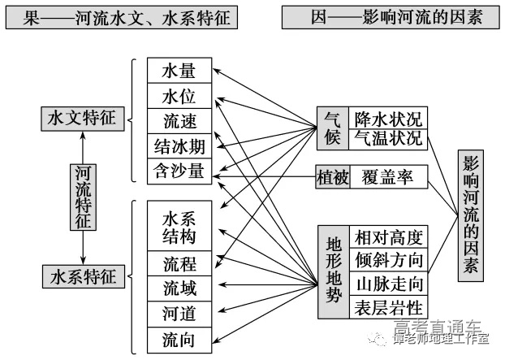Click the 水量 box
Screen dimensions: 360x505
point(179,71)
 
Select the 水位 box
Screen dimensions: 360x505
point(179,96)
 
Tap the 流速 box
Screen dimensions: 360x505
point(179,121)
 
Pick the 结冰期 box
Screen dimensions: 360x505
point(179,146)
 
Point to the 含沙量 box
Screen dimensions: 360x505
point(179,171)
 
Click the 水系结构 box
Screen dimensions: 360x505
point(179,227)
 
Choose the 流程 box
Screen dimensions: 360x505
point(179,263)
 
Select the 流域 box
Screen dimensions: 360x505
point(179,288)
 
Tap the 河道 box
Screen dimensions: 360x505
point(179,314)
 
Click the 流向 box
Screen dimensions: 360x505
point(179,340)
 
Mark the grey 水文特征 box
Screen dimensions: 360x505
point(83,119)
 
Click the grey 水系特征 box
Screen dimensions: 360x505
point(83,275)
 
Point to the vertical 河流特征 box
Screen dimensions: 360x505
point(83,197)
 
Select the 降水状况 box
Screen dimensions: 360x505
point(388,119)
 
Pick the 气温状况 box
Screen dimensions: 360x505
point(388,139)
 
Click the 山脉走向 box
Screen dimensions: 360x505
point(388,284)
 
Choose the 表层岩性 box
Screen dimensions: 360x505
point(388,307)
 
